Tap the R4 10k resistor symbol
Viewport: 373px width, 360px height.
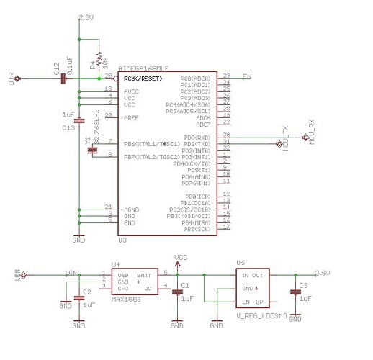98,62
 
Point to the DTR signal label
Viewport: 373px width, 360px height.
11,77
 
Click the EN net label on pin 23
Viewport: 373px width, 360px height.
246,76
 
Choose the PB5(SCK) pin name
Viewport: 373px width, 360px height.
197,229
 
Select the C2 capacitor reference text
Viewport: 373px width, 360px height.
86,292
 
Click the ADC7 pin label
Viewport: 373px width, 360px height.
204,124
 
